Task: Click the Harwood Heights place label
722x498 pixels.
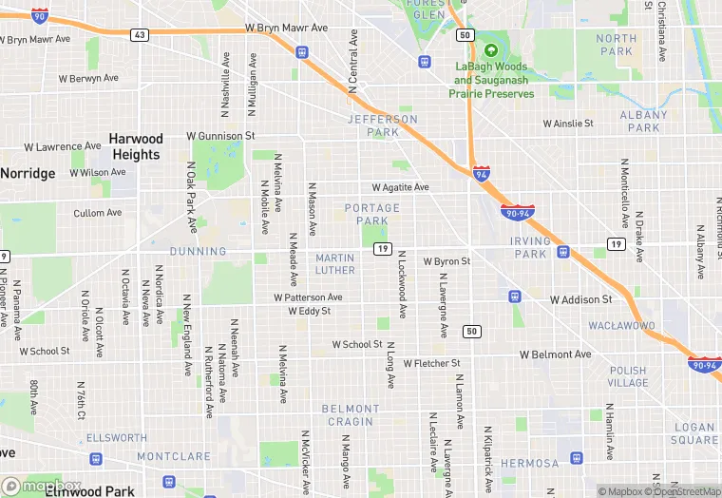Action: pyautogui.click(x=136, y=146)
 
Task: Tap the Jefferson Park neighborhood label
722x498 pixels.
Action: pyautogui.click(x=383, y=125)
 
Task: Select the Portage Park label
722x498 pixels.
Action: pyautogui.click(x=372, y=214)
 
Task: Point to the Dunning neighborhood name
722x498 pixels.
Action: pyautogui.click(x=199, y=252)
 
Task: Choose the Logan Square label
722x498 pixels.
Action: pyautogui.click(x=694, y=434)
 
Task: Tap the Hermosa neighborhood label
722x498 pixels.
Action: pyautogui.click(x=530, y=464)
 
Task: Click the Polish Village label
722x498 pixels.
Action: pyautogui.click(x=628, y=376)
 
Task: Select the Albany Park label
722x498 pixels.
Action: pyautogui.click(x=643, y=122)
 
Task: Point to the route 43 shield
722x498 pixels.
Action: pyautogui.click(x=140, y=35)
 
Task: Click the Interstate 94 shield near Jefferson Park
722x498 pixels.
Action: pyautogui.click(x=483, y=173)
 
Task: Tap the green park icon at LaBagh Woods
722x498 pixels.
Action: pyautogui.click(x=491, y=50)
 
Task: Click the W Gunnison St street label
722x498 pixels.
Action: pyautogui.click(x=220, y=137)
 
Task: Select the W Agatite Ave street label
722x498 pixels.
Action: pyautogui.click(x=400, y=188)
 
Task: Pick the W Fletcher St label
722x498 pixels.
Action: pyautogui.click(x=431, y=364)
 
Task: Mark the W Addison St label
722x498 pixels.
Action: pyautogui.click(x=581, y=300)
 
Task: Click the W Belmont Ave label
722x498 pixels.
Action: pyautogui.click(x=555, y=354)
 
